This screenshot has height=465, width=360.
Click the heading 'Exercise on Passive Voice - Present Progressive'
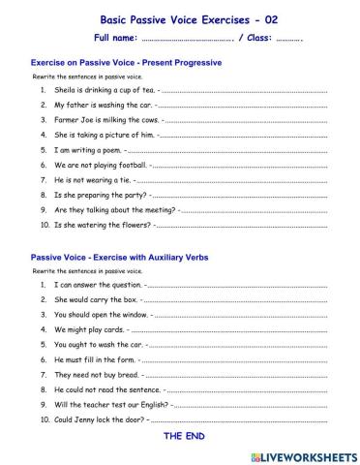point(127,63)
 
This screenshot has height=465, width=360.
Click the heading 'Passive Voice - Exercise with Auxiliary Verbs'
point(120,258)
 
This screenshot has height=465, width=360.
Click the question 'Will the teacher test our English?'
point(111,404)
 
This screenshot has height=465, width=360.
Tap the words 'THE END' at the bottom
point(184,438)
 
